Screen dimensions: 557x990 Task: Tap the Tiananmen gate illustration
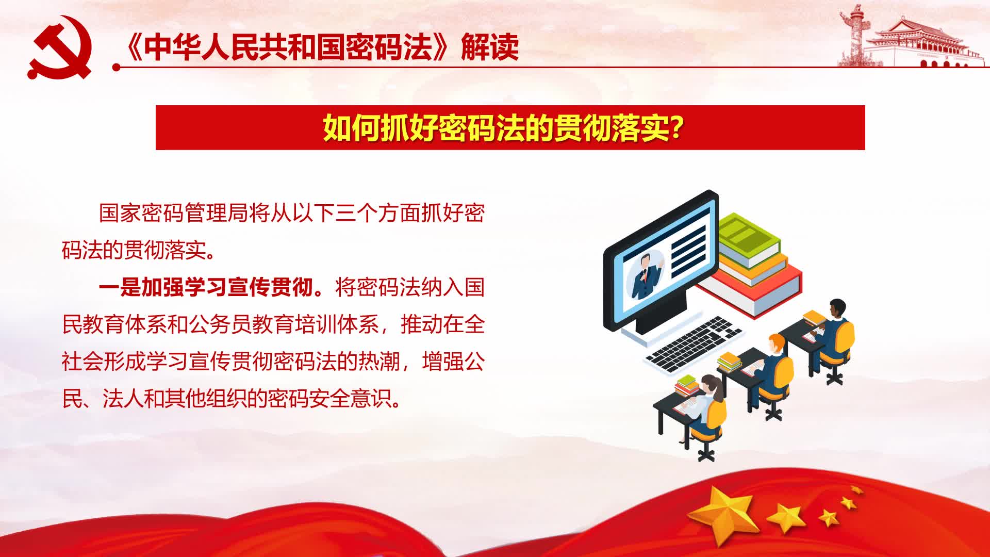coord(923,44)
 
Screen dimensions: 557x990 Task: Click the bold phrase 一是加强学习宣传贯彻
coord(206,287)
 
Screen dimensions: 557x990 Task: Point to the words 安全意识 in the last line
coord(351,399)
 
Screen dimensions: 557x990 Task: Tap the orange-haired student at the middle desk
coord(773,361)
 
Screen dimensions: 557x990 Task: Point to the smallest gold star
coord(855,490)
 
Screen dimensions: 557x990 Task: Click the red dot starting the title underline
coord(117,67)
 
